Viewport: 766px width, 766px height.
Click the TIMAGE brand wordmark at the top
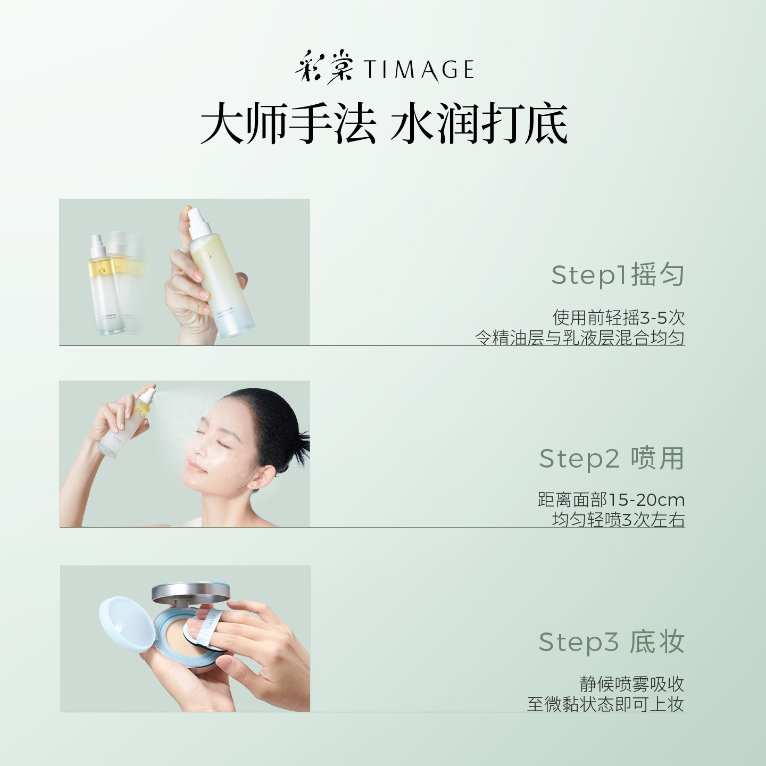click(419, 70)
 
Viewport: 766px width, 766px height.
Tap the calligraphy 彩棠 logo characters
click(324, 68)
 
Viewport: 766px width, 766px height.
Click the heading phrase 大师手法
click(288, 124)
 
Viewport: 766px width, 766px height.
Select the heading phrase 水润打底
click(479, 124)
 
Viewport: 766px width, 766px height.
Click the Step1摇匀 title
click(617, 275)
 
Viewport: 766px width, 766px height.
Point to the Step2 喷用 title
click(611, 458)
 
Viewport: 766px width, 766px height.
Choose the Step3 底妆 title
click(611, 642)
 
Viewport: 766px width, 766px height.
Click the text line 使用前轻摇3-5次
click(618, 318)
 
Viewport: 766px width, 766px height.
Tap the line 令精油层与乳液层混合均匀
click(579, 337)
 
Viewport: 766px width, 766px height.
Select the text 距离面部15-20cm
click(611, 499)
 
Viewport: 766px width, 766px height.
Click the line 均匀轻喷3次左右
click(618, 519)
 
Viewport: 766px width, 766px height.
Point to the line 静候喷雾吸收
click(631, 684)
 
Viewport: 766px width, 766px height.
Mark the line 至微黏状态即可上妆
click(605, 704)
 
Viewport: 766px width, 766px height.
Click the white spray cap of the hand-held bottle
click(197, 221)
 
